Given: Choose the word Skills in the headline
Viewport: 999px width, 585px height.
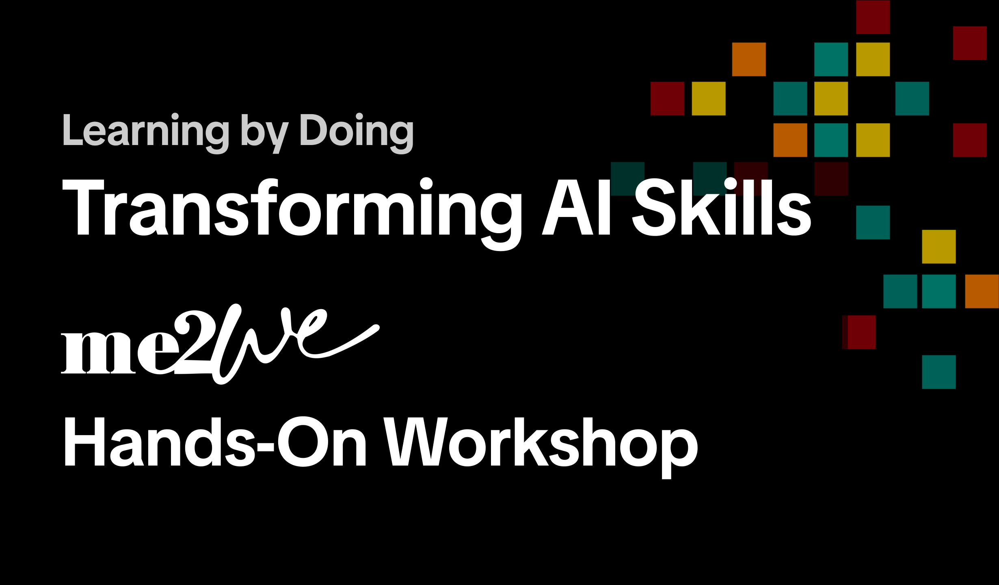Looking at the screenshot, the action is (x=722, y=206).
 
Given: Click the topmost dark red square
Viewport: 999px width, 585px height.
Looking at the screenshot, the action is (x=873, y=17).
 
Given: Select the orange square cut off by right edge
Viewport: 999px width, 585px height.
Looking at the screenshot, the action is (x=982, y=291).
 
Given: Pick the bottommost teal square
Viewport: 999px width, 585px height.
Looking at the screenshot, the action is (x=938, y=372).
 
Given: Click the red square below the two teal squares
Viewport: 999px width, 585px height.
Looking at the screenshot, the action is (x=861, y=332).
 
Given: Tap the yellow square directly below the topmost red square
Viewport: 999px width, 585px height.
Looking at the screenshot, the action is (x=873, y=59).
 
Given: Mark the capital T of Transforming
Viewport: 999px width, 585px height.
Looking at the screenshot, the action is (x=83, y=208).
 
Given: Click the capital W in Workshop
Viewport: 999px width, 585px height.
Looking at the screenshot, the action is (x=416, y=442).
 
